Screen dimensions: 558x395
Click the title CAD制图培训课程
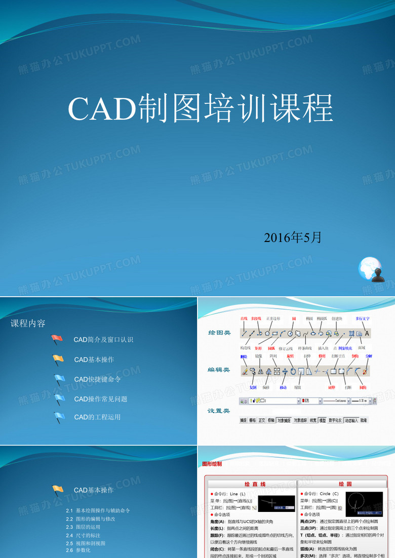tap(200, 108)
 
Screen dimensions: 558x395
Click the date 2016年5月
tap(293, 237)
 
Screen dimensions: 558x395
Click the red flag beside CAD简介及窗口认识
tap(57, 340)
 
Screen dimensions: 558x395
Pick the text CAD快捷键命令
tap(98, 379)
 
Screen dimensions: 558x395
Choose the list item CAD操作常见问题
tap(100, 399)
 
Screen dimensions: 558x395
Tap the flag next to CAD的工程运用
tap(59, 417)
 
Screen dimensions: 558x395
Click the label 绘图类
tap(220, 333)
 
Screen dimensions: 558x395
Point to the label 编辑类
tap(220, 370)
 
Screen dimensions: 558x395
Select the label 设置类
tap(220, 411)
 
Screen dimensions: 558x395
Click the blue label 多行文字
tap(363, 318)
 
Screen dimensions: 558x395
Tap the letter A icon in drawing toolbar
tap(367, 333)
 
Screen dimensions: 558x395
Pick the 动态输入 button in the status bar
tap(351, 420)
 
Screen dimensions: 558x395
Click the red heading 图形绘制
tap(212, 463)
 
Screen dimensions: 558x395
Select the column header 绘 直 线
tap(255, 484)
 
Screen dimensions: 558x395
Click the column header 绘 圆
tap(345, 484)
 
